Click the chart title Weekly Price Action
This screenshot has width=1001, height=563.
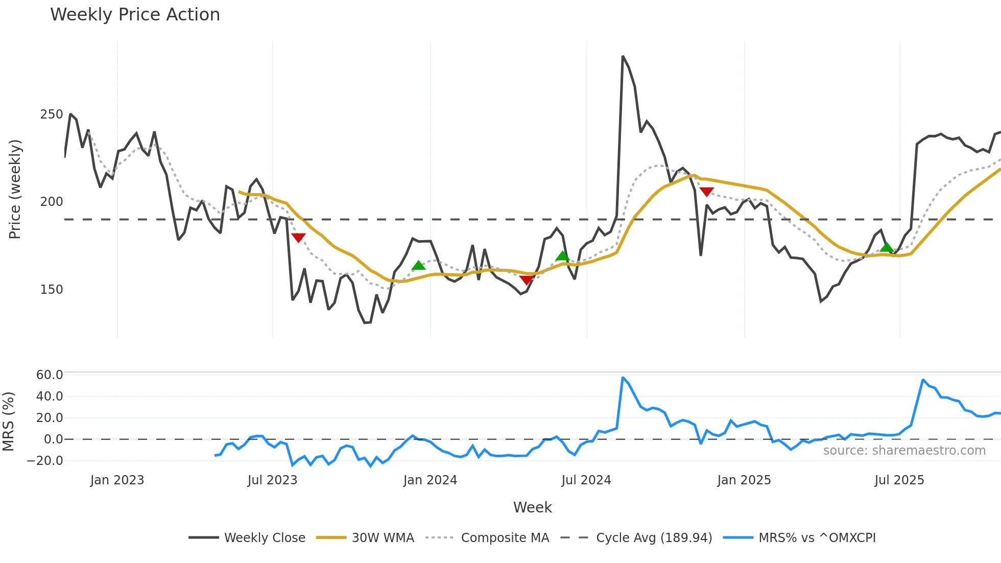click(135, 15)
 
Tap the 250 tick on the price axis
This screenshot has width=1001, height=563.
click(52, 114)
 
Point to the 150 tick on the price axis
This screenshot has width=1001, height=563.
click(52, 290)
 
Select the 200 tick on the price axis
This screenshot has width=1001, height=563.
click(52, 202)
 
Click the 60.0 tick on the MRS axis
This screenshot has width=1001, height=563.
click(50, 374)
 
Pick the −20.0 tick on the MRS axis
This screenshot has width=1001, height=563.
click(45, 460)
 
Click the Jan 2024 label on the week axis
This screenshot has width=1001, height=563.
click(430, 480)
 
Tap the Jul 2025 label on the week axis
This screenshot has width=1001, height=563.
click(899, 480)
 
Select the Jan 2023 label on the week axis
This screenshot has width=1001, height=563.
click(117, 480)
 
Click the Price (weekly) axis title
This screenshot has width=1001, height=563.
click(15, 189)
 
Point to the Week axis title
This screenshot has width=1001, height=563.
click(532, 507)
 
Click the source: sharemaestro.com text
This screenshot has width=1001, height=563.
click(904, 451)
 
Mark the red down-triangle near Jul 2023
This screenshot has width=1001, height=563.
click(298, 238)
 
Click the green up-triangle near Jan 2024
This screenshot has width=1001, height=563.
click(418, 265)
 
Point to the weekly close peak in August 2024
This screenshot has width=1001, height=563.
click(623, 56)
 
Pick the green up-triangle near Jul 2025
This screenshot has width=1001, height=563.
click(887, 247)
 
